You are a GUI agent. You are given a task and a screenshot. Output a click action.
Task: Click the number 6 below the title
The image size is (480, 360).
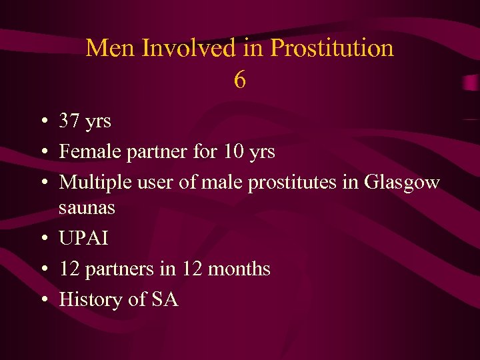240,81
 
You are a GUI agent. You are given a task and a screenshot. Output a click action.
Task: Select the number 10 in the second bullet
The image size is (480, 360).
234,152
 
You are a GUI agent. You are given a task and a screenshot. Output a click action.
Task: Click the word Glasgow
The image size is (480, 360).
402,183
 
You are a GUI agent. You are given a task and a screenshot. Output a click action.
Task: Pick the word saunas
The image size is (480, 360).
87,208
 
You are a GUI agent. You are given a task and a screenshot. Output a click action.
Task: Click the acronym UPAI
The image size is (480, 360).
83,239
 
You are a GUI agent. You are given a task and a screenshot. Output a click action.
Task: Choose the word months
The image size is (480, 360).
239,269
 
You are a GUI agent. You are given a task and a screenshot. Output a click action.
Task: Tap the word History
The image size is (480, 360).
91,300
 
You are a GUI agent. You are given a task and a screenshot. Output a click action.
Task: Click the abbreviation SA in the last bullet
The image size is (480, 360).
165,300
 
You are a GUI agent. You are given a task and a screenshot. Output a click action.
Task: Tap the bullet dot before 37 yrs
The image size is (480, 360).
43,122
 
